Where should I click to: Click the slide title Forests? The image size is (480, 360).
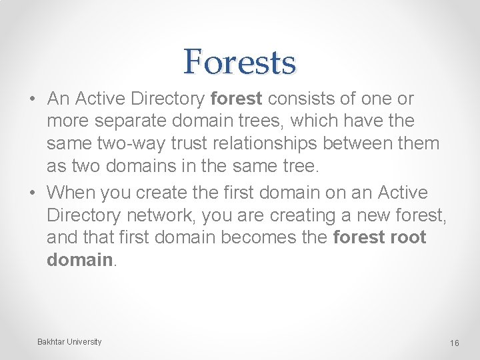click(x=239, y=61)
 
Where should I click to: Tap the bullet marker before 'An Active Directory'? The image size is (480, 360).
click(x=32, y=99)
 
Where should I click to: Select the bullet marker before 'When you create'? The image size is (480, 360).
click(x=32, y=193)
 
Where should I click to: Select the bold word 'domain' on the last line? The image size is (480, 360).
click(x=79, y=260)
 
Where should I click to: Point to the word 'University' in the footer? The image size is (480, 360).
click(x=85, y=342)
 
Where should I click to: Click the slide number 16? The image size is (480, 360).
click(x=455, y=343)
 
